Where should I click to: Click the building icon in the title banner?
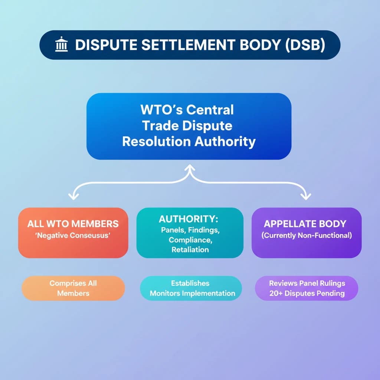[61, 45]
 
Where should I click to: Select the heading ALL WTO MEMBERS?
[73, 224]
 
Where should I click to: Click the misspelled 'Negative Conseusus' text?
[73, 235]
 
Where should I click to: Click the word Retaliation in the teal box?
[190, 250]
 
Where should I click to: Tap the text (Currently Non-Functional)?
[307, 235]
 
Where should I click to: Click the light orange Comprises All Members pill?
[73, 288]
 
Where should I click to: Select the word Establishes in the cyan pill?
[190, 283]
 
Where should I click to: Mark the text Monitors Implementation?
[192, 293]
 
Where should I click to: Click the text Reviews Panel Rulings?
[307, 283]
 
